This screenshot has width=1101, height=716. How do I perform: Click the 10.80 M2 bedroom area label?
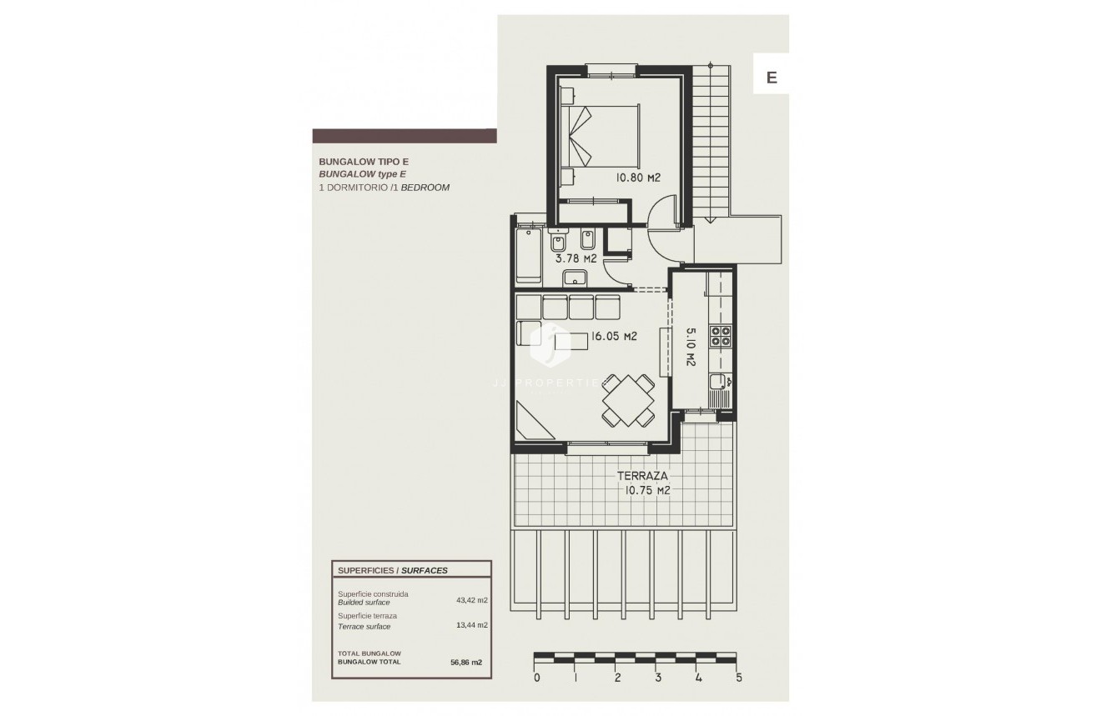[638, 178]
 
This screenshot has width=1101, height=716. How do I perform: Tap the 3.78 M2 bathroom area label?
[576, 258]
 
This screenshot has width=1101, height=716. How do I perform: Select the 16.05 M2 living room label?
[614, 337]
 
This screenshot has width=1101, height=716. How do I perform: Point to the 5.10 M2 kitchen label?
[691, 346]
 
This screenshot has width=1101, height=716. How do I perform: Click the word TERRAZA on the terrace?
[642, 476]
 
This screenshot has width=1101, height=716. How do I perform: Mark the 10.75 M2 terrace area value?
[648, 491]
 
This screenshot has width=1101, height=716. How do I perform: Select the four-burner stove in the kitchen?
[720, 336]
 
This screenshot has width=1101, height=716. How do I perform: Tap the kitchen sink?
[719, 383]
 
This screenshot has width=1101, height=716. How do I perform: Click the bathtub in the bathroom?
[529, 253]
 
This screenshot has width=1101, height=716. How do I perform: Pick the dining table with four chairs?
[628, 398]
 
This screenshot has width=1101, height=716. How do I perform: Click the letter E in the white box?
[772, 78]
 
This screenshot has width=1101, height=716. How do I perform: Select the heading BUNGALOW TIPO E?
[364, 162]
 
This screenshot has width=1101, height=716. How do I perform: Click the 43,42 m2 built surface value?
[472, 598]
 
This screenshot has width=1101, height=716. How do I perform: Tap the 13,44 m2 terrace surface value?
[472, 624]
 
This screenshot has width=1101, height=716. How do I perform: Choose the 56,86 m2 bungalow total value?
[466, 662]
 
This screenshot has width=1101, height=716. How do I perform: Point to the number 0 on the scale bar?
[536, 678]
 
